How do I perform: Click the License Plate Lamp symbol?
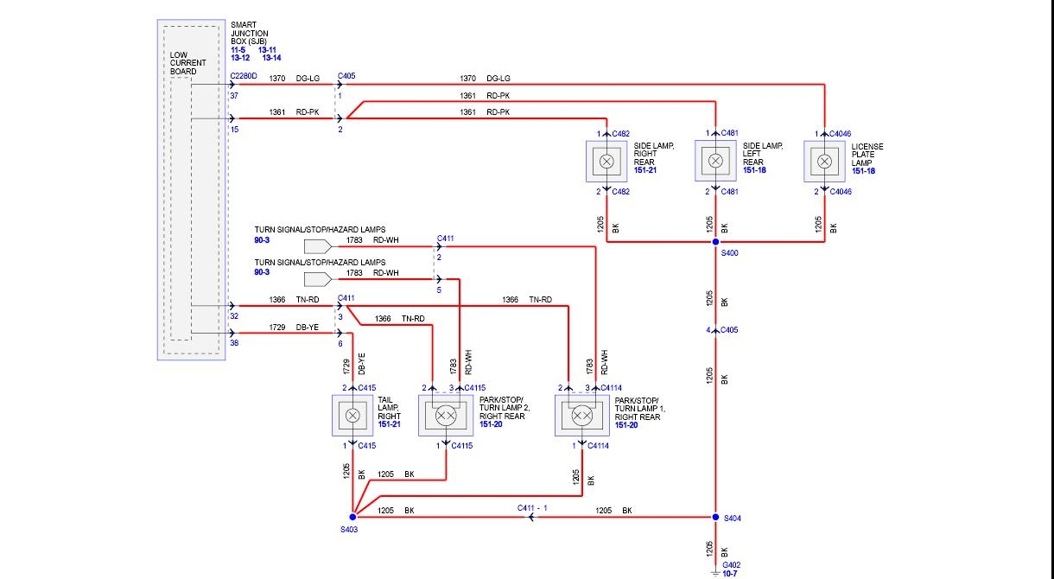click(824, 161)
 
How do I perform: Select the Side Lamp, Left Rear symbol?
click(715, 161)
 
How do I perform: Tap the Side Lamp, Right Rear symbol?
click(606, 161)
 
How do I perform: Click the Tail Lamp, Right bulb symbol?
click(352, 416)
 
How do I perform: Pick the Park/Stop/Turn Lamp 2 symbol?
click(446, 416)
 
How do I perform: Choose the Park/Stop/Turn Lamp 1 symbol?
click(582, 416)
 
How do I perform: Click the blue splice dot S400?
click(715, 242)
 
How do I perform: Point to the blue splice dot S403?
click(352, 517)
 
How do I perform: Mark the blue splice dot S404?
click(715, 517)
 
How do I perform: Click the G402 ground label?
click(732, 564)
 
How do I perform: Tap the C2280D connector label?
click(244, 77)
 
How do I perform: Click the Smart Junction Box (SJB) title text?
click(250, 34)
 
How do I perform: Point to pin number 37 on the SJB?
click(234, 96)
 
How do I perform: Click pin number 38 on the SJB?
click(234, 343)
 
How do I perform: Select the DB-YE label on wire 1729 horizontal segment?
click(308, 328)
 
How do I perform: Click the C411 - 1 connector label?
click(534, 507)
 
